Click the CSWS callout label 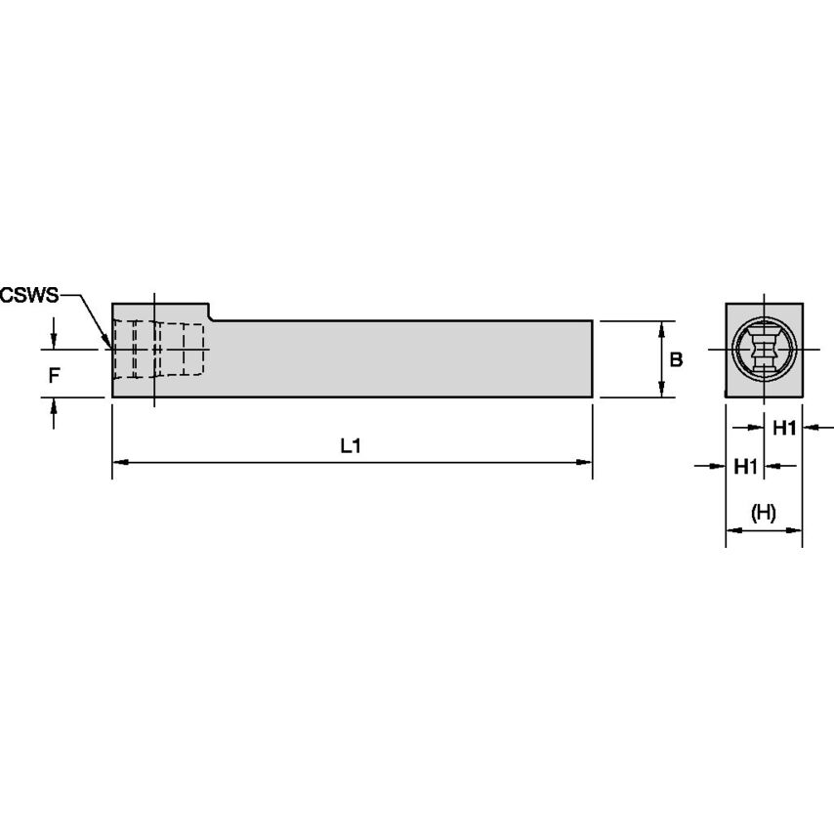pyautogui.click(x=30, y=294)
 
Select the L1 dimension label pyautogui.click(x=351, y=446)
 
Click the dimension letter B pyautogui.click(x=676, y=359)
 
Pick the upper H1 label pyautogui.click(x=785, y=427)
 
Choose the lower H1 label pyautogui.click(x=746, y=467)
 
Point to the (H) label pyautogui.click(x=763, y=513)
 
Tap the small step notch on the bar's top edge pyautogui.click(x=210, y=312)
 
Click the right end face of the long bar pyautogui.click(x=592, y=358)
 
